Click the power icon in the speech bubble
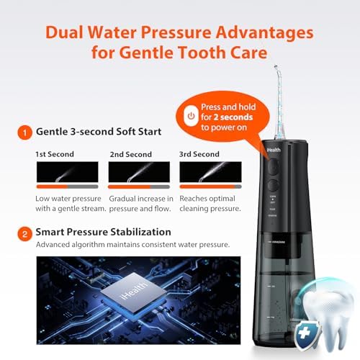coord(190,115)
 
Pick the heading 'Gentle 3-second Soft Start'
coord(98,132)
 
